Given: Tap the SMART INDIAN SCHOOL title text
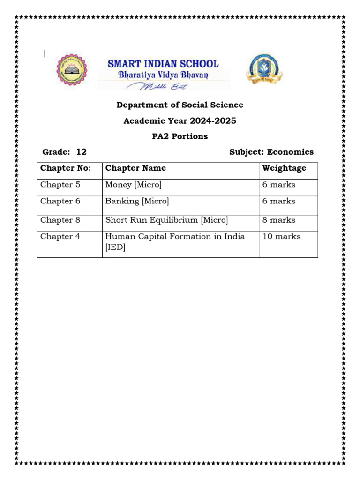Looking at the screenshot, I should pyautogui.click(x=163, y=64).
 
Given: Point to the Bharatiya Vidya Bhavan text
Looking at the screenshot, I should pyautogui.click(x=163, y=75).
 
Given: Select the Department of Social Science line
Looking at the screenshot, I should pyautogui.click(x=180, y=105).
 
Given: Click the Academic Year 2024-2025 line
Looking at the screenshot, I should pyautogui.click(x=180, y=121).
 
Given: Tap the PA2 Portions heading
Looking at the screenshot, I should pyautogui.click(x=180, y=136).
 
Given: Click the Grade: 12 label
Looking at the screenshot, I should pyautogui.click(x=64, y=152).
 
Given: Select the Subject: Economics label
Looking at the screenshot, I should pyautogui.click(x=271, y=152).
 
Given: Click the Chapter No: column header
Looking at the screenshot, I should pyautogui.click(x=66, y=168).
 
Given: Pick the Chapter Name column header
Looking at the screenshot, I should pyautogui.click(x=135, y=168).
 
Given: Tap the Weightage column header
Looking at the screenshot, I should pyautogui.click(x=284, y=168).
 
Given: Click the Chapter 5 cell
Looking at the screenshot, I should pyautogui.click(x=60, y=185).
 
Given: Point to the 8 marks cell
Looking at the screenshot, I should pyautogui.click(x=279, y=220).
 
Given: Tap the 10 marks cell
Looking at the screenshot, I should pyautogui.click(x=281, y=237).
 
